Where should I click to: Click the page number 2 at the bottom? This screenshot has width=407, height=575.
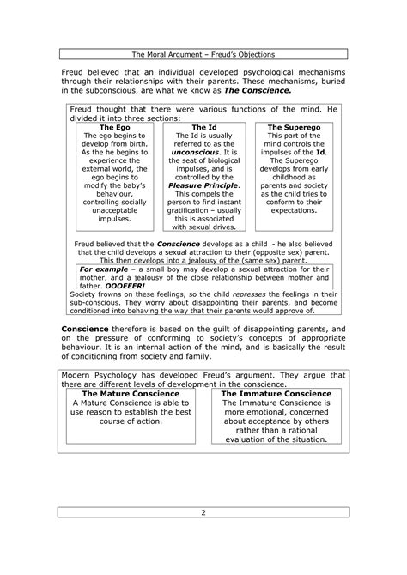click(203, 513)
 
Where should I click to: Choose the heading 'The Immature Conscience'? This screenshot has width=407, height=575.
click(276, 393)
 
